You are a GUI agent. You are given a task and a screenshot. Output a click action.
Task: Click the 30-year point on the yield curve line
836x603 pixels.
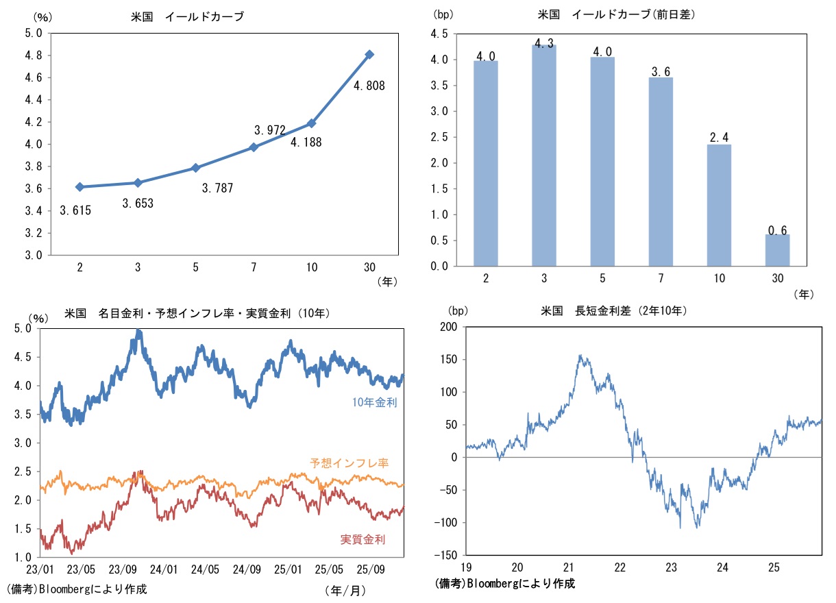click(x=369, y=54)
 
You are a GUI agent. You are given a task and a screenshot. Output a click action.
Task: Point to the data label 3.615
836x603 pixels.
click(x=75, y=210)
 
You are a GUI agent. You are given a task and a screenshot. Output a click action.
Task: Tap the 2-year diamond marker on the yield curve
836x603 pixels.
click(x=79, y=186)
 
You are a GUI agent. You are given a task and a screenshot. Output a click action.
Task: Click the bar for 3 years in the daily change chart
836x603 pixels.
click(x=544, y=155)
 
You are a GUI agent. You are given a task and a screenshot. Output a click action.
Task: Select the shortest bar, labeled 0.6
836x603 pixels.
click(x=777, y=250)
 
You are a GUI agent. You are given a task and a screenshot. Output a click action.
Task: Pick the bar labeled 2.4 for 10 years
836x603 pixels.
click(x=719, y=205)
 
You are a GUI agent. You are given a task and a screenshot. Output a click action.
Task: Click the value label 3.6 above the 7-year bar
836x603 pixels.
click(x=661, y=71)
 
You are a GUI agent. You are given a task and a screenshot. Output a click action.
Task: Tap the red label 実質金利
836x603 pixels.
click(x=362, y=539)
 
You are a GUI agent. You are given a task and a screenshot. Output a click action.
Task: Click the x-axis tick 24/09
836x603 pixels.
click(x=247, y=569)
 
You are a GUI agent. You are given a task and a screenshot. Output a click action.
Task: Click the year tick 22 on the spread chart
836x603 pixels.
click(x=620, y=568)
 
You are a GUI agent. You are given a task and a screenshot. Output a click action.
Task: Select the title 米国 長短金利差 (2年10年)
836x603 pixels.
click(x=613, y=310)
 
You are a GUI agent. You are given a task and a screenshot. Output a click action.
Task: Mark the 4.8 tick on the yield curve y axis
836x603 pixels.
click(x=34, y=55)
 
